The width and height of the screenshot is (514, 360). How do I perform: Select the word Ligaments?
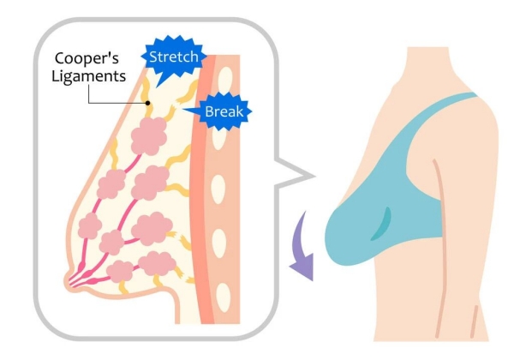[90, 78]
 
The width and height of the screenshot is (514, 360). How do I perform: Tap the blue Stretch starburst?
[174, 58]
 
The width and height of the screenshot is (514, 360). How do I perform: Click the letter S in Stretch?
[154, 58]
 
